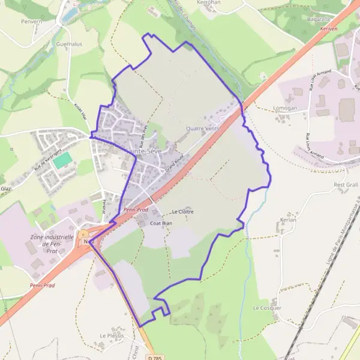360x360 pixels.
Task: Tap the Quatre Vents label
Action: tap(203, 128)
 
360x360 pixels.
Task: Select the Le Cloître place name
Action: tap(184, 212)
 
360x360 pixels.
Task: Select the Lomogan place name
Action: tap(284, 108)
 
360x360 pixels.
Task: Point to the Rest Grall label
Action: tap(345, 185)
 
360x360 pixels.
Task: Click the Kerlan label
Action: tap(289, 220)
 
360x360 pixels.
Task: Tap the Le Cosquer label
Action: tap(267, 308)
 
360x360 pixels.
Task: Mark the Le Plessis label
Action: tap(112, 335)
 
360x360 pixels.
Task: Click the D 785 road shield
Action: tap(154, 357)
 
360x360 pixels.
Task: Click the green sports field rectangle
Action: tap(62, 161)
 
